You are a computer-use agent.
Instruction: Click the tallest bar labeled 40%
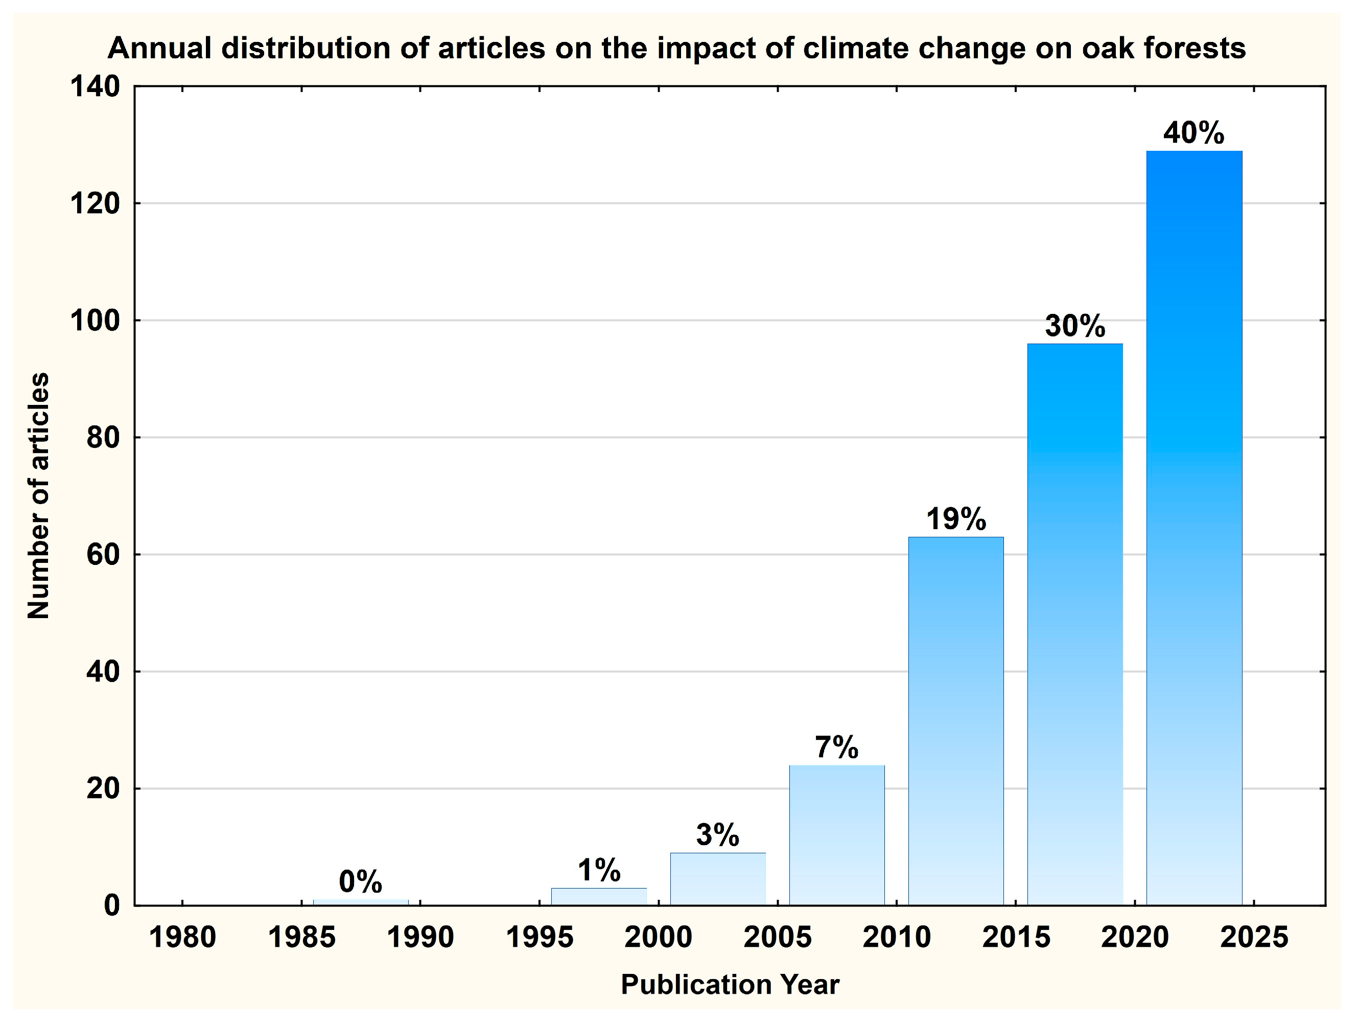tap(1194, 528)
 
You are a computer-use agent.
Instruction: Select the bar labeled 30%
tap(1075, 623)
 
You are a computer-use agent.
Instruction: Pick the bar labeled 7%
tap(837, 835)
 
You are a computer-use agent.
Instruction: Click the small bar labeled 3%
tap(718, 878)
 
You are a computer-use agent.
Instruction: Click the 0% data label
tap(360, 881)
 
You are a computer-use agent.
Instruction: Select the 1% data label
tap(599, 870)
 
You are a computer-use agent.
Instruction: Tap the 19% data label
tap(956, 519)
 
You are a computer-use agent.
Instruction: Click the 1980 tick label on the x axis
tap(182, 938)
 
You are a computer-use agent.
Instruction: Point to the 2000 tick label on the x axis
tap(658, 938)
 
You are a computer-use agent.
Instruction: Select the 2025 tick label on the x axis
tap(1254, 938)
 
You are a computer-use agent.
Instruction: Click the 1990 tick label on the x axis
tap(420, 938)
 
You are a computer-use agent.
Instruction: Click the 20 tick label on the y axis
tap(103, 788)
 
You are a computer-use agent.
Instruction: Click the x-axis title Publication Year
tap(730, 985)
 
